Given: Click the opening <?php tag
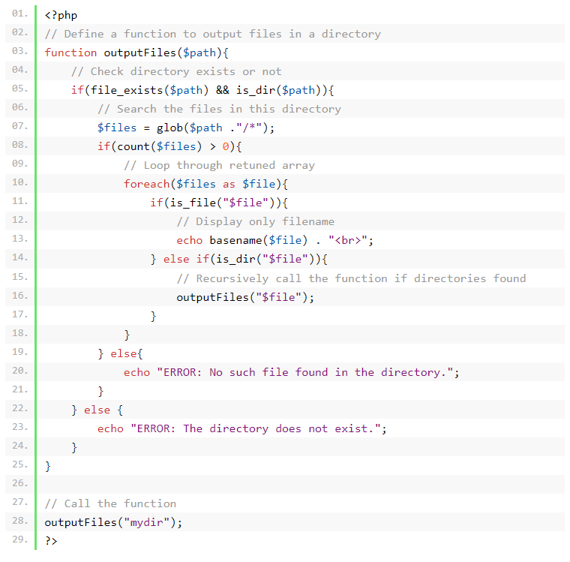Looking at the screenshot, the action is click(x=61, y=15).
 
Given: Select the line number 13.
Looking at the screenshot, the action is click(x=19, y=239).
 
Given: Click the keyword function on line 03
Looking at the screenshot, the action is click(x=70, y=53).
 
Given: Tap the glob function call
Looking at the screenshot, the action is click(x=169, y=128).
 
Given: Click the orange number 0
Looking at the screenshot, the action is click(x=226, y=146).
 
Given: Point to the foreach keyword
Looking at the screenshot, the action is click(x=146, y=184).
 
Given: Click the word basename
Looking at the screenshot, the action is click(x=235, y=240).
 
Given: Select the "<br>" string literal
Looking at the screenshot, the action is click(x=348, y=240).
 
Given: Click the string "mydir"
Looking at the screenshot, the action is click(x=147, y=522).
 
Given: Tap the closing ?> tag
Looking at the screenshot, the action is click(x=51, y=541).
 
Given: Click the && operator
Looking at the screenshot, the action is click(x=223, y=90).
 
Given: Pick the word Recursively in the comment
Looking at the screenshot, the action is click(x=232, y=278).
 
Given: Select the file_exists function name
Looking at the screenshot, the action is click(x=127, y=90).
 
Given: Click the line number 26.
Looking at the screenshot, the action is click(x=19, y=483).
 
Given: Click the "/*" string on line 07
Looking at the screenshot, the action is click(x=250, y=128).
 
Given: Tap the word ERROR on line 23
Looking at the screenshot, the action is click(x=153, y=429).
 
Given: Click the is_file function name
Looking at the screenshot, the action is click(x=193, y=203).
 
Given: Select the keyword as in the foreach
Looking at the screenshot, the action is click(x=229, y=185).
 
